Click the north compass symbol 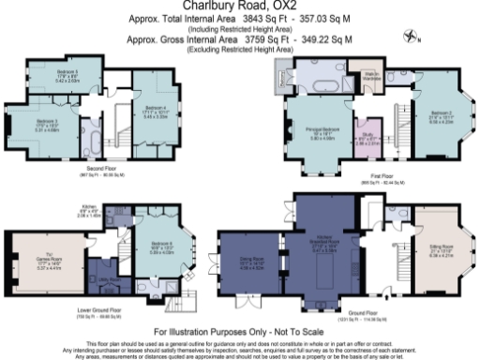[411, 37]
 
